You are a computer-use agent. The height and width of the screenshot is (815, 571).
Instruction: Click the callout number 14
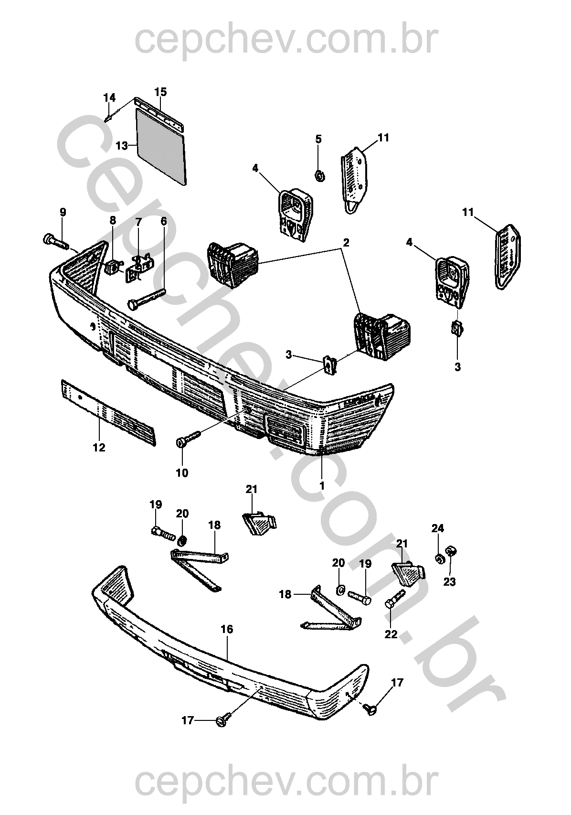(x=109, y=97)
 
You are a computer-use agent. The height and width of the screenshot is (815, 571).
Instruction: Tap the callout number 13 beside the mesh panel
(x=121, y=145)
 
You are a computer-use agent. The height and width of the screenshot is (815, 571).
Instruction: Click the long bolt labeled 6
(x=145, y=298)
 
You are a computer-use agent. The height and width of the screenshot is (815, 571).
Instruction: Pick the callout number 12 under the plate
(x=99, y=448)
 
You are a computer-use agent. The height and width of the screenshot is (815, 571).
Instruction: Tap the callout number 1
(x=322, y=486)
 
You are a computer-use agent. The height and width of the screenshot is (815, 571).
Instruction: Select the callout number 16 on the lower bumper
(x=227, y=629)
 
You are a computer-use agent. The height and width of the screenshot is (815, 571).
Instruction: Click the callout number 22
(x=391, y=634)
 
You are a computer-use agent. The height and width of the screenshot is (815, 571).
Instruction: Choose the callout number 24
(x=438, y=528)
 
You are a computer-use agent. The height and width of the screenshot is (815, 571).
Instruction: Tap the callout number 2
(x=346, y=242)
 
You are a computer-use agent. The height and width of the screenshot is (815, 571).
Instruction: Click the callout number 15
(x=160, y=91)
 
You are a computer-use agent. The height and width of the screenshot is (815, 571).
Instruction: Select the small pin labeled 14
(x=108, y=118)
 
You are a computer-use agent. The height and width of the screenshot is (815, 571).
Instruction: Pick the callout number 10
(x=182, y=473)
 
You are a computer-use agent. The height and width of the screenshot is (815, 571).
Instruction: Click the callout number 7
(x=138, y=222)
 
